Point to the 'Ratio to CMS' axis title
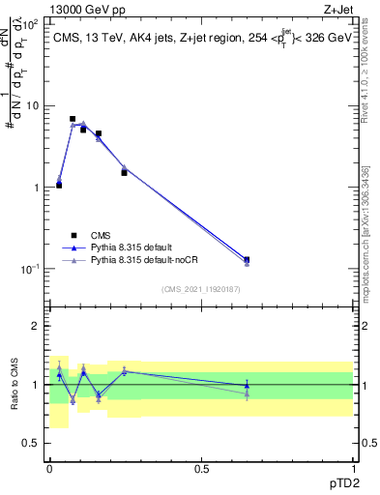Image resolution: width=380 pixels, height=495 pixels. coord(15,385)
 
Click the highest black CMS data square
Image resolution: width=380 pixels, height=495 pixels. coord(73,119)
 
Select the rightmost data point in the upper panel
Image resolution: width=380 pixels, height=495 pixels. coord(247,260)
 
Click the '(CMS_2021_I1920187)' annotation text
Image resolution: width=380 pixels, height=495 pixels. coord(200,289)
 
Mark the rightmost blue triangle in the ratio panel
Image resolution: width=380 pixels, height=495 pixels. coord(247,386)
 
